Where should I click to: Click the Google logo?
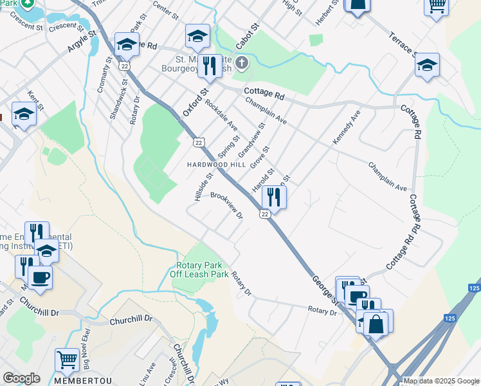point(21,378)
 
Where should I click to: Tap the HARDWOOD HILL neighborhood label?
point(216,165)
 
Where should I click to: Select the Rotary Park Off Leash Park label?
point(199,270)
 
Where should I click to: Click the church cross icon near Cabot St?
point(242,63)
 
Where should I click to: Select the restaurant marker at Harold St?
point(275,198)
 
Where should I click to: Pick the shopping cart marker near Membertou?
point(67,360)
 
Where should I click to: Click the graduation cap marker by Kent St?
point(24,115)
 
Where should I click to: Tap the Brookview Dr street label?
point(226,205)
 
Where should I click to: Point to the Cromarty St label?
point(103,77)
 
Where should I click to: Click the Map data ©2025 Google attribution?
point(442,381)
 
